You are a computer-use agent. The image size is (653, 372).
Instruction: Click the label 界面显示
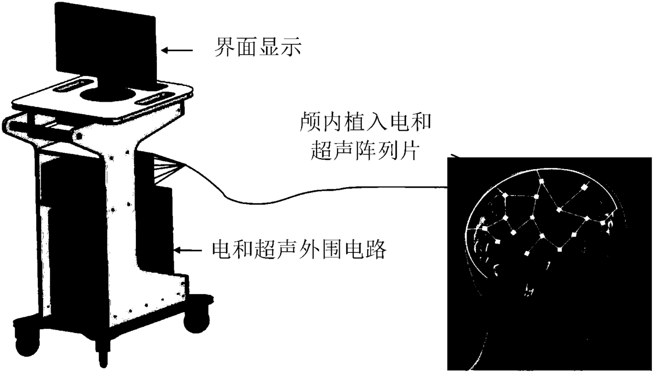coord(256,48)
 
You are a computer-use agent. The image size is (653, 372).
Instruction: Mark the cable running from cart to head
coord(316,192)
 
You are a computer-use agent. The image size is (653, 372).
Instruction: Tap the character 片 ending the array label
coord(408,151)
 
